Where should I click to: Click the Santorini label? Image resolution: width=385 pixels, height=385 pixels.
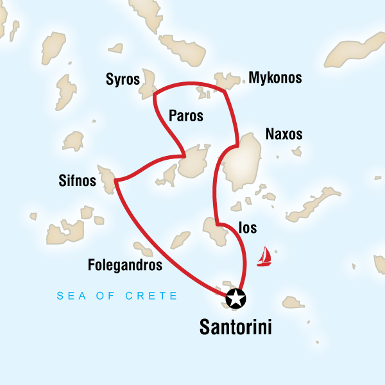tap(235, 327)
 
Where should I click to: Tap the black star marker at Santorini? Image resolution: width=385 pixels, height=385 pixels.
tap(236, 298)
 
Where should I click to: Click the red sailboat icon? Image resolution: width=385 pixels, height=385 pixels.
tap(264, 257)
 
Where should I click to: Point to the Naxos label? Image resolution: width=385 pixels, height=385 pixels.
tap(284, 135)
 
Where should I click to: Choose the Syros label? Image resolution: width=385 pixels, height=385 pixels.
tap(123, 80)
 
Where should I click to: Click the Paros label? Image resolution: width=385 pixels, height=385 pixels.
tap(185, 116)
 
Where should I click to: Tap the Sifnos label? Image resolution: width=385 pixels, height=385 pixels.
tap(77, 182)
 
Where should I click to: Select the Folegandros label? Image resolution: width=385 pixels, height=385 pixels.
tap(125, 264)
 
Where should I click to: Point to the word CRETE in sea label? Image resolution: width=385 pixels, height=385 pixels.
tap(156, 296)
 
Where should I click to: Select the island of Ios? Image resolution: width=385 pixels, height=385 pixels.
tap(213, 230)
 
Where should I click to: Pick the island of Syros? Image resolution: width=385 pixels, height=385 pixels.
tap(150, 85)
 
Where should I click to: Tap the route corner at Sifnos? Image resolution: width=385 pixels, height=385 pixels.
tap(116, 182)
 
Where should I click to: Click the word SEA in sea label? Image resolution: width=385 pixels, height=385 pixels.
tap(69, 296)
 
